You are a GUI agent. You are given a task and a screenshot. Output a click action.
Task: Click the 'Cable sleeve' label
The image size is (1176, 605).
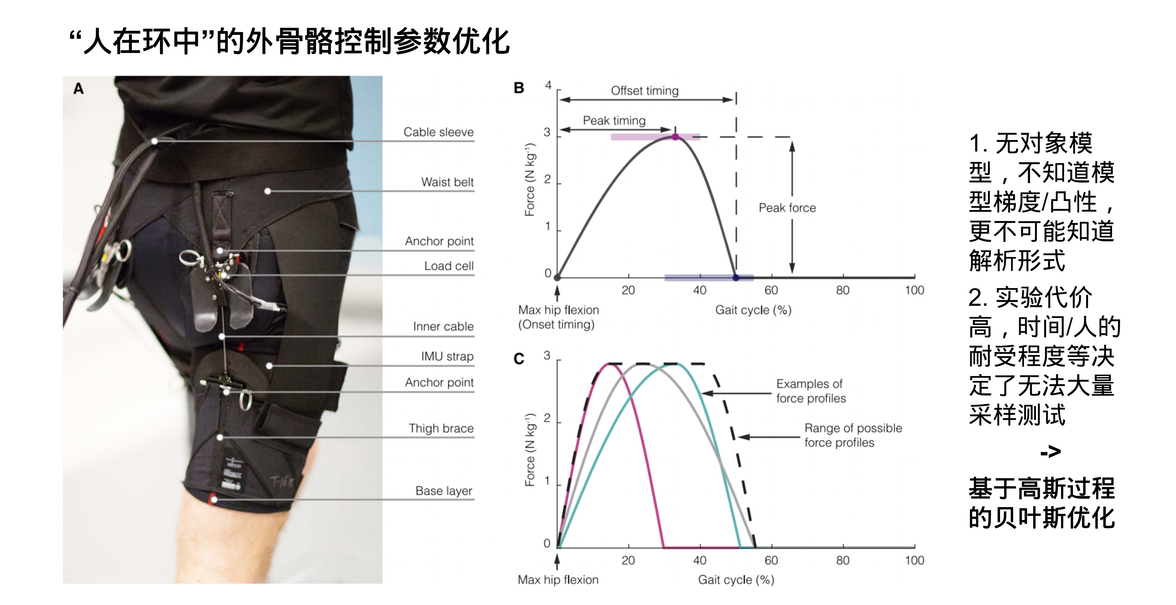pos(438,132)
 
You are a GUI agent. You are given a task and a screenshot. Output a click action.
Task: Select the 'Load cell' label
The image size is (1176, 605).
pos(449,266)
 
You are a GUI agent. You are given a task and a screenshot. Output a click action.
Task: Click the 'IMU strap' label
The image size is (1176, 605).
pos(447,356)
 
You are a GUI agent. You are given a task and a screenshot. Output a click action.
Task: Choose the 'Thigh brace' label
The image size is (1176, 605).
pos(441,428)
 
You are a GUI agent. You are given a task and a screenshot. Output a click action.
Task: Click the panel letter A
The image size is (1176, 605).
pos(79,89)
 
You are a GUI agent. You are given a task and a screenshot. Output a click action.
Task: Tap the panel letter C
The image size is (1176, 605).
pos(519,359)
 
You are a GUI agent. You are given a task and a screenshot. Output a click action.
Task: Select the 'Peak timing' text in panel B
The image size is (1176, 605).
pos(614,120)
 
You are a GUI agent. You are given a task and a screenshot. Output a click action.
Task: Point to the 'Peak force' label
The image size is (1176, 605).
pos(787,208)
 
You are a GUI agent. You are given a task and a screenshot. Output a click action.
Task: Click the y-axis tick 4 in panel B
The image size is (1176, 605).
pos(548,85)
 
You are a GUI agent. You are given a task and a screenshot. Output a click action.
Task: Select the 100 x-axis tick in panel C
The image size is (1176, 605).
pos(914,560)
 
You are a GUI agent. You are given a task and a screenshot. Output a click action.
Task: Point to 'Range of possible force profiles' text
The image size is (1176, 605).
pos(853,435)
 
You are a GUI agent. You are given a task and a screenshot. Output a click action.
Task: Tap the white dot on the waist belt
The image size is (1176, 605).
pos(268,191)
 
